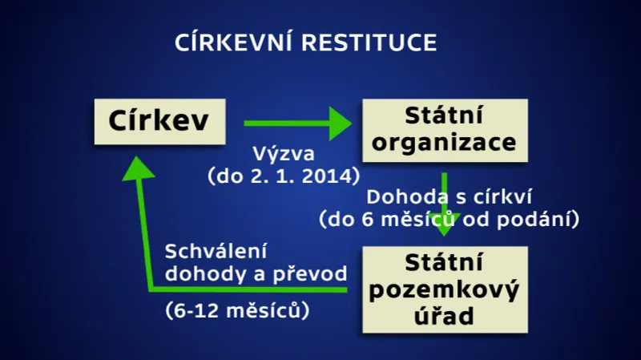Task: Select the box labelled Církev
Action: click(158, 123)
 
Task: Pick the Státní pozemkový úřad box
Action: click(445, 289)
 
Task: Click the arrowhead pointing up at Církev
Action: click(138, 167)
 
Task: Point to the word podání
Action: click(546, 217)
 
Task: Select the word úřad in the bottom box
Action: click(445, 315)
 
